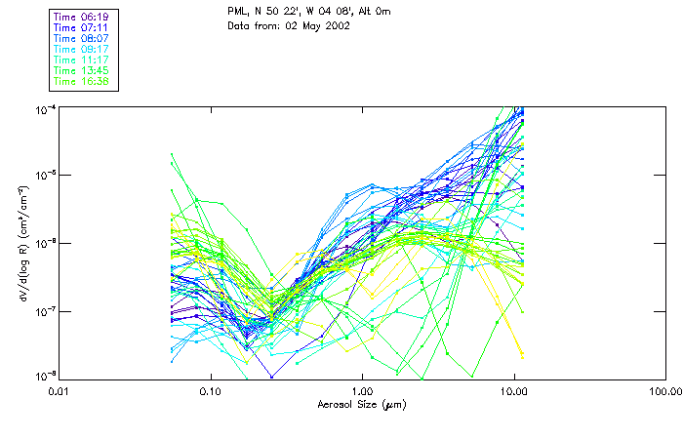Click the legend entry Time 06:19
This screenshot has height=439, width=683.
point(82,17)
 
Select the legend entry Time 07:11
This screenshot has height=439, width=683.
point(82,27)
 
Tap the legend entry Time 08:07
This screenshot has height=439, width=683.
point(82,38)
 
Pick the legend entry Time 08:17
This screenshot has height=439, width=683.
point(82,49)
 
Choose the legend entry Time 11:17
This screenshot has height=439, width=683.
point(82,60)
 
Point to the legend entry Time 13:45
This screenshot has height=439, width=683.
point(82,70)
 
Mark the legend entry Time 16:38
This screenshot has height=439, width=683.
point(82,81)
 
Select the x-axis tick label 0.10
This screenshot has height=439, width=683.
point(210,391)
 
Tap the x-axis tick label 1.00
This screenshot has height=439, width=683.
point(362,391)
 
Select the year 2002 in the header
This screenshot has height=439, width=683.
point(334,24)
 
